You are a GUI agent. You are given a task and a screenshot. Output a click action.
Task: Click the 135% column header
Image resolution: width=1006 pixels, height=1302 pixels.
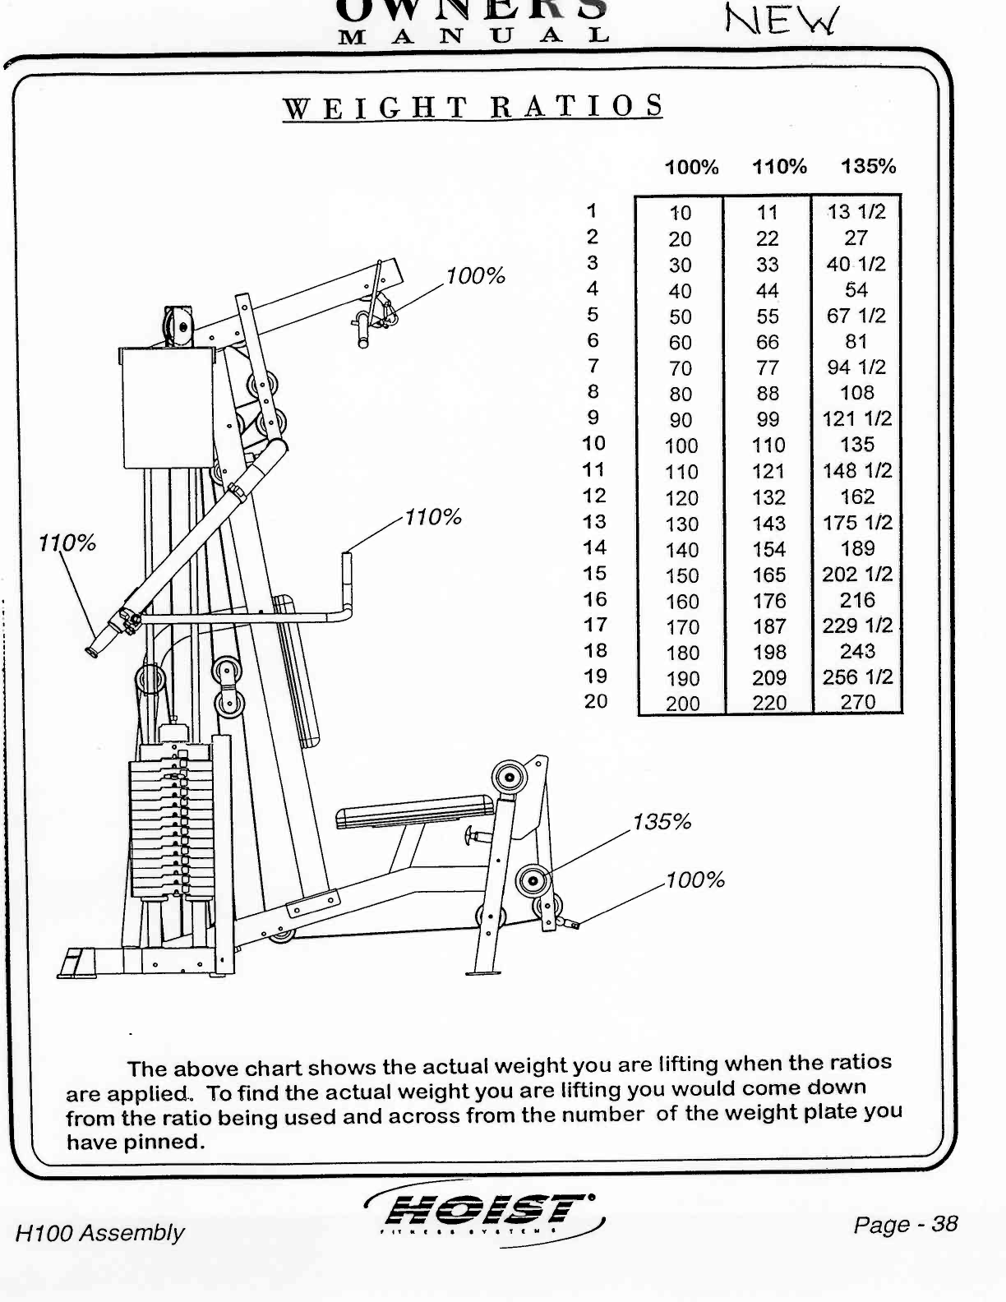pyautogui.click(x=868, y=167)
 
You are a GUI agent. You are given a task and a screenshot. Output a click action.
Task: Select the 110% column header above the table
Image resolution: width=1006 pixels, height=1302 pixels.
pyautogui.click(x=779, y=167)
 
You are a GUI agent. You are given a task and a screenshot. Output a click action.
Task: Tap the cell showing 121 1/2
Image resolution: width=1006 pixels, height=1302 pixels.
pyautogui.click(x=856, y=418)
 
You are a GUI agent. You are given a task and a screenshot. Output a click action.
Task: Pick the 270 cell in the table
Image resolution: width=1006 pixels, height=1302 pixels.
pyautogui.click(x=857, y=702)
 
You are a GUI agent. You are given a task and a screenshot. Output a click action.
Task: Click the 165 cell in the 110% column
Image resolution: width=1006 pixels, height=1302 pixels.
pyautogui.click(x=769, y=575)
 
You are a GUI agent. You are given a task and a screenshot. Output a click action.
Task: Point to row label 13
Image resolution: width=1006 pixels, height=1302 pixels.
pyautogui.click(x=593, y=522)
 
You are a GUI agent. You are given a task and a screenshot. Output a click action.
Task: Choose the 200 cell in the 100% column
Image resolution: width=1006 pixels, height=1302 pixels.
pyautogui.click(x=682, y=704)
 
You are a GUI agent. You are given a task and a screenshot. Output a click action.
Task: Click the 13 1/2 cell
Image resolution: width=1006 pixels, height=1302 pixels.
pyautogui.click(x=856, y=212)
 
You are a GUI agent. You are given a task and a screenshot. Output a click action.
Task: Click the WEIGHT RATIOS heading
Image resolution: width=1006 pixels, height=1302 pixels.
pyautogui.click(x=473, y=108)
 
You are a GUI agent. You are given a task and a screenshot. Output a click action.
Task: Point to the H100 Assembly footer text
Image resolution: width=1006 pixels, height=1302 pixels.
pyautogui.click(x=99, y=1233)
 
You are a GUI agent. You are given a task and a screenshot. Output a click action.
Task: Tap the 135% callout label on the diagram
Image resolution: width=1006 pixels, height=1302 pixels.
pyautogui.click(x=662, y=822)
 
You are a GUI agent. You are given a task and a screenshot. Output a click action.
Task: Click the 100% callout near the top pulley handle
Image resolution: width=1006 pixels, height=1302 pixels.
pyautogui.click(x=476, y=275)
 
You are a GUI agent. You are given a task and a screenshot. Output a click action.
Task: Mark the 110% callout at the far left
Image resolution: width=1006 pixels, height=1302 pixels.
pyautogui.click(x=67, y=542)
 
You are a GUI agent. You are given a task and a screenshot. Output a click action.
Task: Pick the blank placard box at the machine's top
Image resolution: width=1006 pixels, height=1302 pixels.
pyautogui.click(x=167, y=407)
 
